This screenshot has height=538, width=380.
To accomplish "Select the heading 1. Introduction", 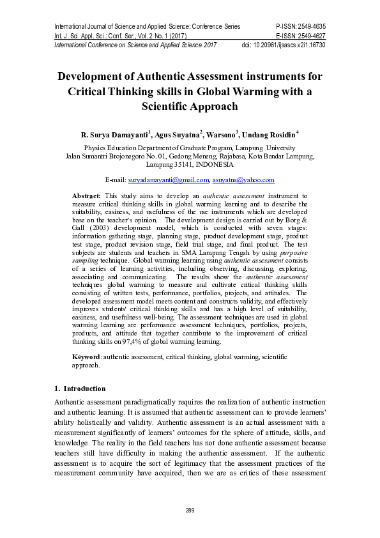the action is (80, 388).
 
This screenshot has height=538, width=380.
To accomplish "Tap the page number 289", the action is (190, 510).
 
